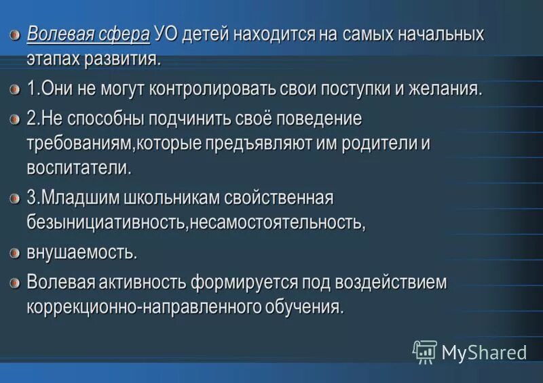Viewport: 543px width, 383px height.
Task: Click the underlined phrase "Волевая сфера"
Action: pyautogui.click(x=88, y=34)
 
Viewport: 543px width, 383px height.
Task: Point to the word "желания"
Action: pyautogui.click(x=445, y=89)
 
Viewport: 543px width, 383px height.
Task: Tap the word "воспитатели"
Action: pyautogui.click(x=79, y=167)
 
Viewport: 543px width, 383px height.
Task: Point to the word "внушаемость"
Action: pyautogui.click(x=81, y=253)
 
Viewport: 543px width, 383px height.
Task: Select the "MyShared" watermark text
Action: pyautogui.click(x=483, y=352)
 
